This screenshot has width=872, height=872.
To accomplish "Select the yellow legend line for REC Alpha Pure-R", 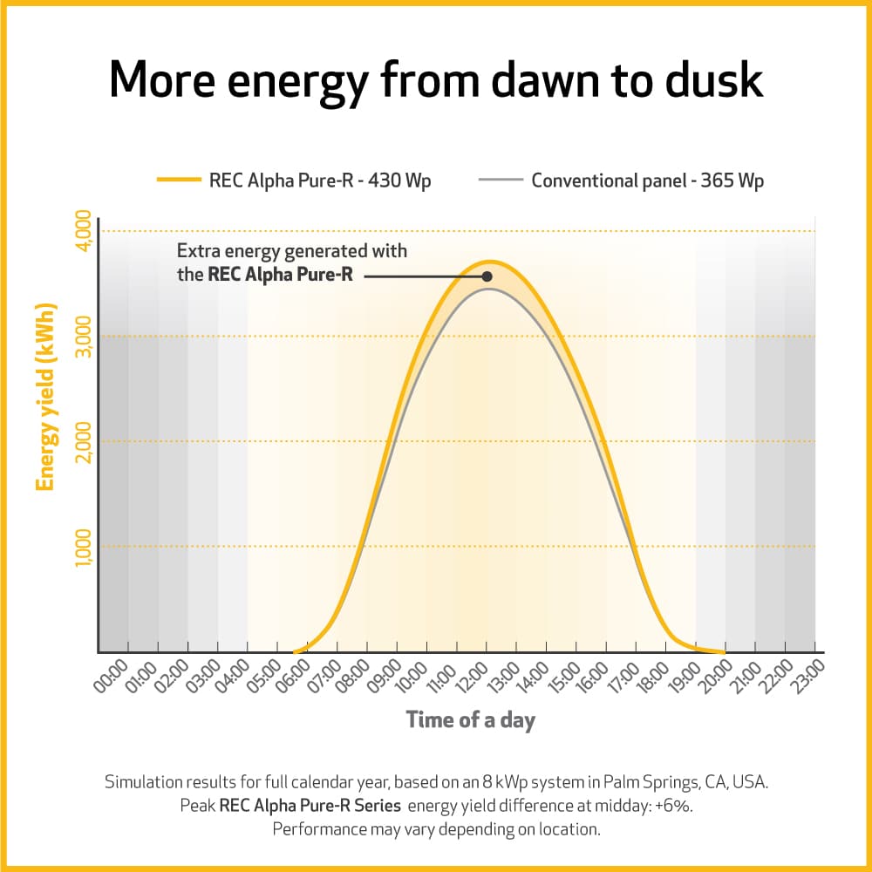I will pos(180,181).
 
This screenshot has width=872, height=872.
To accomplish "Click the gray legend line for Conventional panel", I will pos(501,181).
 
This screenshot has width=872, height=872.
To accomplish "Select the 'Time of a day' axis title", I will pos(470,720).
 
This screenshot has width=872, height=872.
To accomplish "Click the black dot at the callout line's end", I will pos(487,276).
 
